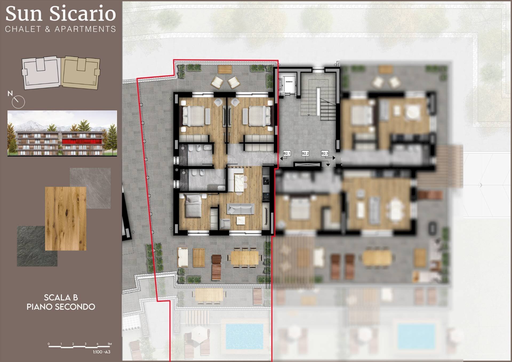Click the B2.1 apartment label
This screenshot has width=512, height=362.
287,153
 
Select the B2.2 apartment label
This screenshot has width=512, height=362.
305,153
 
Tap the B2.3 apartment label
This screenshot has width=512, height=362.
325,153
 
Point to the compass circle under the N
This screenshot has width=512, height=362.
18,102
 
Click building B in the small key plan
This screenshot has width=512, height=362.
81,73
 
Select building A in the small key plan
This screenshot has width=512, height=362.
41,72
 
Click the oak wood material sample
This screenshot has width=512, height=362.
65,219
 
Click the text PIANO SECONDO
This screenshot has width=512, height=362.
61,307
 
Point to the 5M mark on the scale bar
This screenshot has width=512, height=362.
109,344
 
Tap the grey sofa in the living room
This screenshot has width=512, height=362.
240,209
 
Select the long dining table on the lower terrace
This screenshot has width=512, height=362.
244,258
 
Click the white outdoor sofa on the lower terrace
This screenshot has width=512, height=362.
183,257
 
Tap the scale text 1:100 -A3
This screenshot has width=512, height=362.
102,352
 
